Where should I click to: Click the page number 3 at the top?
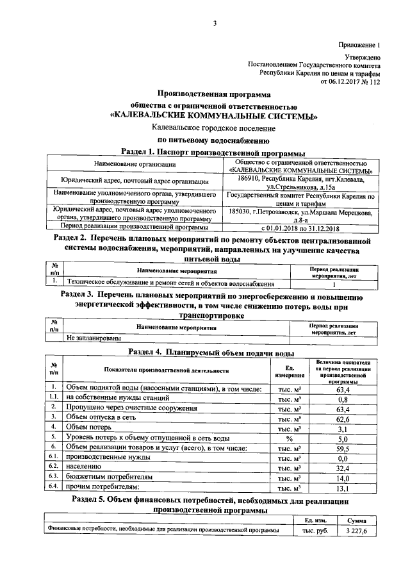pos(215,24)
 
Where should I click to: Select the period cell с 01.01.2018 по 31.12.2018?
pos(300,228)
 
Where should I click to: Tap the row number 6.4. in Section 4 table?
pos(54,487)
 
